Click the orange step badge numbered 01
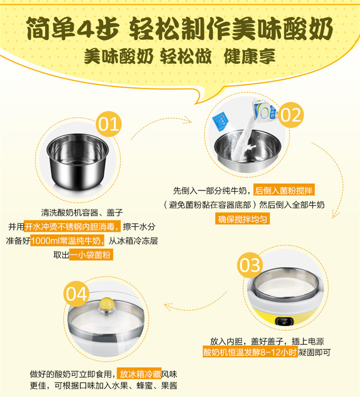tap(108, 124)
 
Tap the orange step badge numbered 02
tap(291, 115)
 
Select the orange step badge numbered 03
tap(250, 265)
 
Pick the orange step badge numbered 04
tap(76, 294)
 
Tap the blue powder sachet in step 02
tap(221, 121)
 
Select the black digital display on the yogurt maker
tap(285, 321)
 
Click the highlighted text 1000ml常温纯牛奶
tap(67, 241)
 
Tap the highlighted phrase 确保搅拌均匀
tap(242, 219)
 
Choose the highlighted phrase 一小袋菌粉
tap(91, 255)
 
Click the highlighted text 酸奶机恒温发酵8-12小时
tap(250, 352)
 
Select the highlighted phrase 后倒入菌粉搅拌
tap(284, 190)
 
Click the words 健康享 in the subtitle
tap(250, 56)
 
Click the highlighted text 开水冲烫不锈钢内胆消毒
tap(72, 227)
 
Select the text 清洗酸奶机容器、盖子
tap(82, 212)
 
